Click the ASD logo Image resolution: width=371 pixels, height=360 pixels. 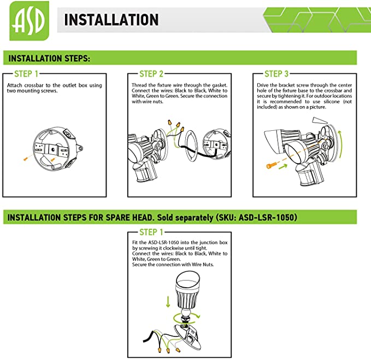pyautogui.click(x=30, y=21)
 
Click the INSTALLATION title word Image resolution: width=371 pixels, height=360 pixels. pyautogui.click(x=111, y=20)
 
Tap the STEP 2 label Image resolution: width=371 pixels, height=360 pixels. pyautogui.click(x=151, y=74)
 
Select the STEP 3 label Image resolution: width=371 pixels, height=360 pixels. pyautogui.click(x=276, y=74)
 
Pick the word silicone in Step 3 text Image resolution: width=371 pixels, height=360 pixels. pyautogui.click(x=332, y=102)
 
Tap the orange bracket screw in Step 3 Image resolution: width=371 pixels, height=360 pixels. pyautogui.click(x=272, y=166)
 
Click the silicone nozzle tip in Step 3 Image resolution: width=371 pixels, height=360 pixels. pyautogui.click(x=320, y=120)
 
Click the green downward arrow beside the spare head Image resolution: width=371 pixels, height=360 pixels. pyautogui.click(x=168, y=302)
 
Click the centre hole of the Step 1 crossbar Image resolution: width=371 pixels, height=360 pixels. pyautogui.click(x=54, y=150)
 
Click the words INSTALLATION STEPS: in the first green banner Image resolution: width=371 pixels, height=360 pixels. pyautogui.click(x=49, y=59)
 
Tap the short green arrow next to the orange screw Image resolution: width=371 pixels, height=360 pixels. pyautogui.click(x=283, y=167)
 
